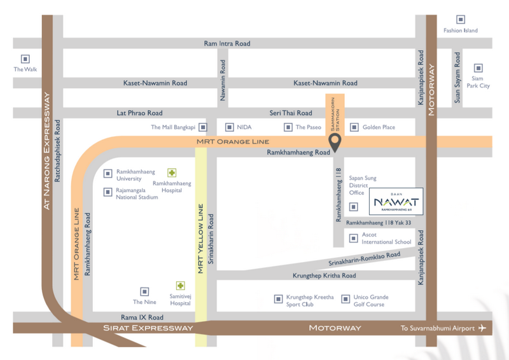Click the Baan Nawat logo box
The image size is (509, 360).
tap(396, 201)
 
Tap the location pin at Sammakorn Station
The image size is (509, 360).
tap(335, 142)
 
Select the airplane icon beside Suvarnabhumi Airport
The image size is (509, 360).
tap(482, 328)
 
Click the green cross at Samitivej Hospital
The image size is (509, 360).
tap(181, 286)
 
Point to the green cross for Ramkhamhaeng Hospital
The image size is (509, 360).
tap(172, 173)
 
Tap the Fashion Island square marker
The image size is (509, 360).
tap(460, 20)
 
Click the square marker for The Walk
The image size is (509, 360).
tap(25, 59)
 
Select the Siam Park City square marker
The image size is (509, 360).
tap(478, 68)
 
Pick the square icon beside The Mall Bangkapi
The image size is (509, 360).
tap(203, 127)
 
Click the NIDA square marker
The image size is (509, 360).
tap(230, 127)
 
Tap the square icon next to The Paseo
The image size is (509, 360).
tap(288, 127)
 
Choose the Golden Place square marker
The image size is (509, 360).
tap(354, 127)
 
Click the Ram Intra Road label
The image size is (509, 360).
tap(227, 43)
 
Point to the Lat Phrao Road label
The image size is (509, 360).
tap(139, 113)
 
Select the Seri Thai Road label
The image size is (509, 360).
tap(291, 113)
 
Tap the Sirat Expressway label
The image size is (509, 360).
tap(148, 328)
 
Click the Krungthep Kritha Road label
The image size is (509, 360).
tap(324, 275)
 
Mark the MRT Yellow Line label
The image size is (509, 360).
tap(200, 239)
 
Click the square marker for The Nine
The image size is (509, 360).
tap(144, 291)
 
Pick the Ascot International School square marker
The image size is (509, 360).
tap(354, 239)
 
